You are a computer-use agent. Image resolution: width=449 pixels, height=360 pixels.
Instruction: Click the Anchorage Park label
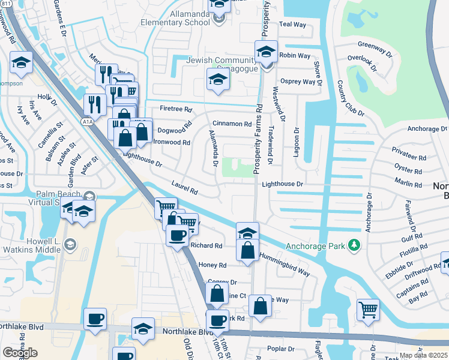point(316,245)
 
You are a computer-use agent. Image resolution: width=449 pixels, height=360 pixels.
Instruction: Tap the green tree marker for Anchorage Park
point(355,245)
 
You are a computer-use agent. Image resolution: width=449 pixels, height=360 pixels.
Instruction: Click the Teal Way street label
point(293,25)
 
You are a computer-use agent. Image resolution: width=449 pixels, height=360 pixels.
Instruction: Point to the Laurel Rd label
point(184,189)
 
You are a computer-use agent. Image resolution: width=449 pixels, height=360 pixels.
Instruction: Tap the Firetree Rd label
point(176,109)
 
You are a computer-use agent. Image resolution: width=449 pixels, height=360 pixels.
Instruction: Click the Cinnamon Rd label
point(232,124)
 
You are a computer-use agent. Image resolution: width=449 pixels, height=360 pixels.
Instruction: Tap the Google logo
point(20,353)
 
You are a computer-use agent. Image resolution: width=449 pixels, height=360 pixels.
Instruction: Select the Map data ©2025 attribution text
point(423,355)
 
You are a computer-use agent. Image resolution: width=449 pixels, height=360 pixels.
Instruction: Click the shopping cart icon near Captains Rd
point(368,310)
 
